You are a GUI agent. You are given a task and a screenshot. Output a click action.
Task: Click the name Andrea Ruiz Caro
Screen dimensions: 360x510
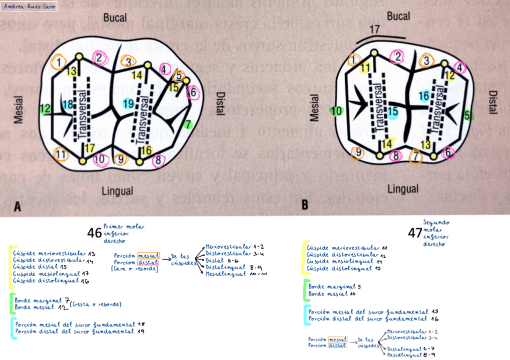(29, 7)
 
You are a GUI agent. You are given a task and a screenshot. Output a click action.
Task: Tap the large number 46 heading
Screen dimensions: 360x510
(94, 233)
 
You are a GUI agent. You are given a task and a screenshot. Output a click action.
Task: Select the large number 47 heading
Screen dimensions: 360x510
(415, 232)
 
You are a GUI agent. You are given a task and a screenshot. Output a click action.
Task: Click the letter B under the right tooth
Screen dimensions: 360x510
(305, 205)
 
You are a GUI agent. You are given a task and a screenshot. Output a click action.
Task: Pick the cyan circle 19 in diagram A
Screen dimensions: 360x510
(128, 103)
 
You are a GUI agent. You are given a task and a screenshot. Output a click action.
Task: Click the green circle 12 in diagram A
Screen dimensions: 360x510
(45, 109)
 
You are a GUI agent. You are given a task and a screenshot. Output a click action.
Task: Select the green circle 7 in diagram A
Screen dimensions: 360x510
(189, 124)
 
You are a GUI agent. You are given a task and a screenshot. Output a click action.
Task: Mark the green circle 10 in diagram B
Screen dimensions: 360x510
(337, 111)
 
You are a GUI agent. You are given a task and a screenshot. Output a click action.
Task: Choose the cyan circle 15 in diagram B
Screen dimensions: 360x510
(393, 111)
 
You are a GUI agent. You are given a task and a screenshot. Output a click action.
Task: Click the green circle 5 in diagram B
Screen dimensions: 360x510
(468, 115)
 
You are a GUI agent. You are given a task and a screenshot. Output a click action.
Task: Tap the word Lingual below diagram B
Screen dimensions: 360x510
(402, 189)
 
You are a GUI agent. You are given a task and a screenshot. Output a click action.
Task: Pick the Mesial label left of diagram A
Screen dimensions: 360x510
(19, 109)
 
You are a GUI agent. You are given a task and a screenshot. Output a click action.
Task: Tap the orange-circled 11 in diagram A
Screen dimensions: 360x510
(61, 154)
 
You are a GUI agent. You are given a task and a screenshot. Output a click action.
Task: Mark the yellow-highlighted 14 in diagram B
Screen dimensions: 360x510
(389, 143)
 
